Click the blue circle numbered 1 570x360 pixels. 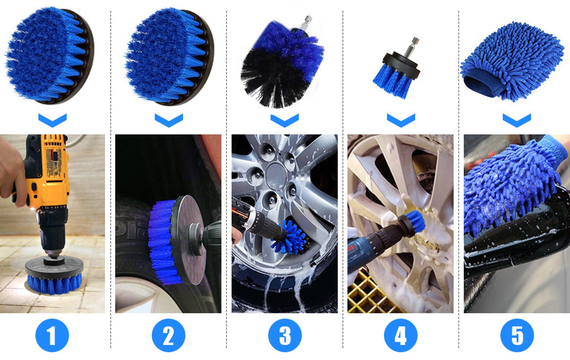coord(52,335)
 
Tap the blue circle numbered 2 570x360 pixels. coord(168,335)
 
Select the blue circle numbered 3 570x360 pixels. coord(285,335)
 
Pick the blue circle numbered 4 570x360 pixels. coord(401,335)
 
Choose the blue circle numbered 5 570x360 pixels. coord(517,335)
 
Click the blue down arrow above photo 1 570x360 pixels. coord(52,120)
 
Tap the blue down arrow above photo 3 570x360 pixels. coord(285,121)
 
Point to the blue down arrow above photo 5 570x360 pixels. coord(517,121)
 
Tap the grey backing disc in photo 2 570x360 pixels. coord(188,239)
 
